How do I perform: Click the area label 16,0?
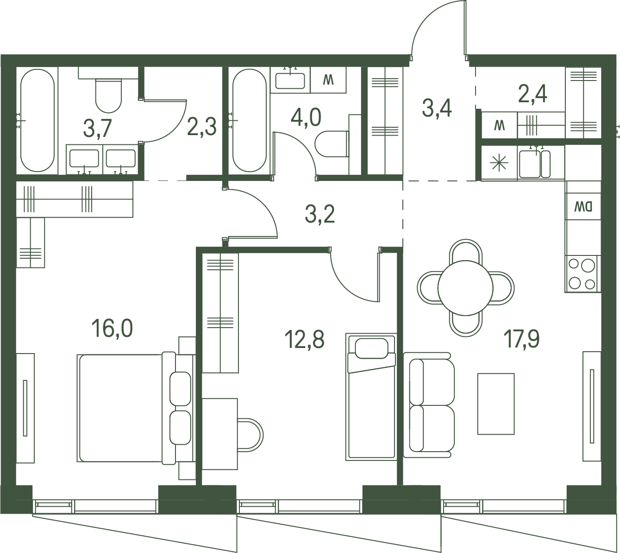112,328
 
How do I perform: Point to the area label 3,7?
98,129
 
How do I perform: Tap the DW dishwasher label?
583,207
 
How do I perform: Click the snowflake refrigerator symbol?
499,163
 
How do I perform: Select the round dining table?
465,287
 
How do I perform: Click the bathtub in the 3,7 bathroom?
38,120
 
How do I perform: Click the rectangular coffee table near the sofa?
496,404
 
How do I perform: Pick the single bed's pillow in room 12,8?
371,348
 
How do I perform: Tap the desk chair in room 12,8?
250,434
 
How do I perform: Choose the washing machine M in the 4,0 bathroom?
328,80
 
